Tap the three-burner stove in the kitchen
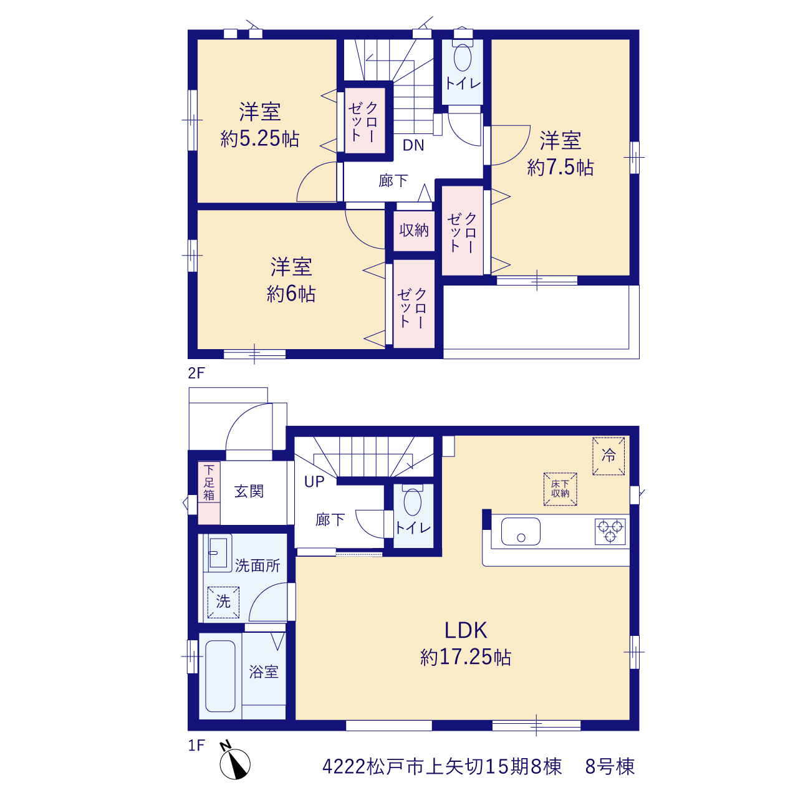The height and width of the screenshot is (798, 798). (x=610, y=531)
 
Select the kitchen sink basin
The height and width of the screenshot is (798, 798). (x=521, y=531)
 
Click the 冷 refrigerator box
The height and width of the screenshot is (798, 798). (x=608, y=456)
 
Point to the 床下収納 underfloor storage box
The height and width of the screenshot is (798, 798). (x=560, y=489)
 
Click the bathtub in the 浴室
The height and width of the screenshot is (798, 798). (x=220, y=676)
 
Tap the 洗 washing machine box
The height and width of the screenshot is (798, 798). (x=223, y=602)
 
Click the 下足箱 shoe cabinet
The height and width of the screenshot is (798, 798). (x=209, y=493)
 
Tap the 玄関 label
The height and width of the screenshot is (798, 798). (x=249, y=491)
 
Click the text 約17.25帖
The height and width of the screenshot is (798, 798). (x=466, y=657)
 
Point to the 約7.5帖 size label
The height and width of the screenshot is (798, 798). (x=560, y=167)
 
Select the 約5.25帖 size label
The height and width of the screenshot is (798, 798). (x=259, y=138)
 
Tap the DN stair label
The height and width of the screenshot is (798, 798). (x=413, y=145)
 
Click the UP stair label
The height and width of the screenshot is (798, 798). (x=314, y=482)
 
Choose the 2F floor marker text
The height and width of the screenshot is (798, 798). (x=196, y=373)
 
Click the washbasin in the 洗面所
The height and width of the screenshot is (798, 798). (x=218, y=552)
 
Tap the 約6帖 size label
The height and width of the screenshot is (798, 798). (x=291, y=294)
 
